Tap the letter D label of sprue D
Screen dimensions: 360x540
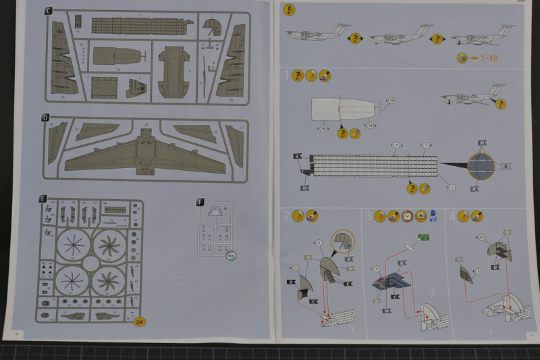pyautogui.click(x=45, y=117)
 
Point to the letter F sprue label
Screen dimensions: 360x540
pyautogui.click(x=199, y=202)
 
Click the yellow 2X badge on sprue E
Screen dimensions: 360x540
pyautogui.click(x=140, y=322)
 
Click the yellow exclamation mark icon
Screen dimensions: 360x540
pyautogui.click(x=289, y=9)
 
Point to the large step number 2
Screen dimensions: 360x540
pyautogui.click(x=286, y=216)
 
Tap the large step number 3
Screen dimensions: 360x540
pyautogui.click(x=368, y=216)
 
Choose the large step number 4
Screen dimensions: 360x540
pyautogui.click(x=452, y=216)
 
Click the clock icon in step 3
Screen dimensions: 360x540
pyautogui.click(x=407, y=216)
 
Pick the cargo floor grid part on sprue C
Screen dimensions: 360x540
pyautogui.click(x=138, y=26)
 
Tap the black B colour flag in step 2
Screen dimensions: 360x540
pyautogui.click(x=291, y=281)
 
